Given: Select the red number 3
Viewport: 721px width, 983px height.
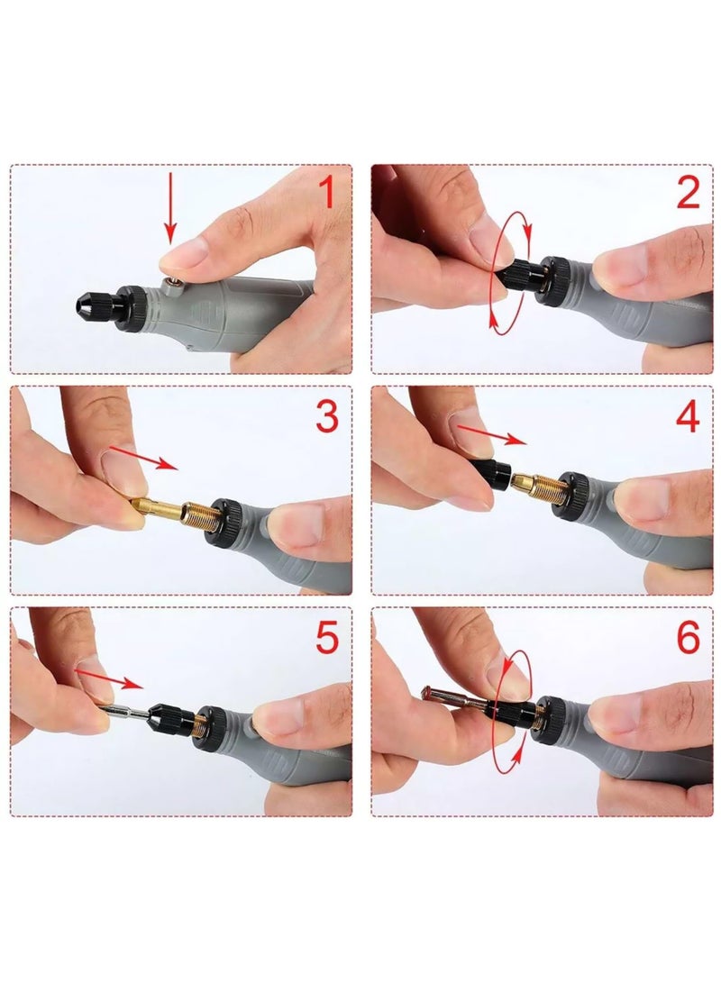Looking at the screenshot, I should coord(326,416).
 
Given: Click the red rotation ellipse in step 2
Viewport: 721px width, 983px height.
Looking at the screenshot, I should coord(494,270).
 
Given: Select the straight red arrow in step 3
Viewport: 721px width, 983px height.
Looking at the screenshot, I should coord(144,457).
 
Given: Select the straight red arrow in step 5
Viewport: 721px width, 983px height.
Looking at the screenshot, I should coord(108,677).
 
